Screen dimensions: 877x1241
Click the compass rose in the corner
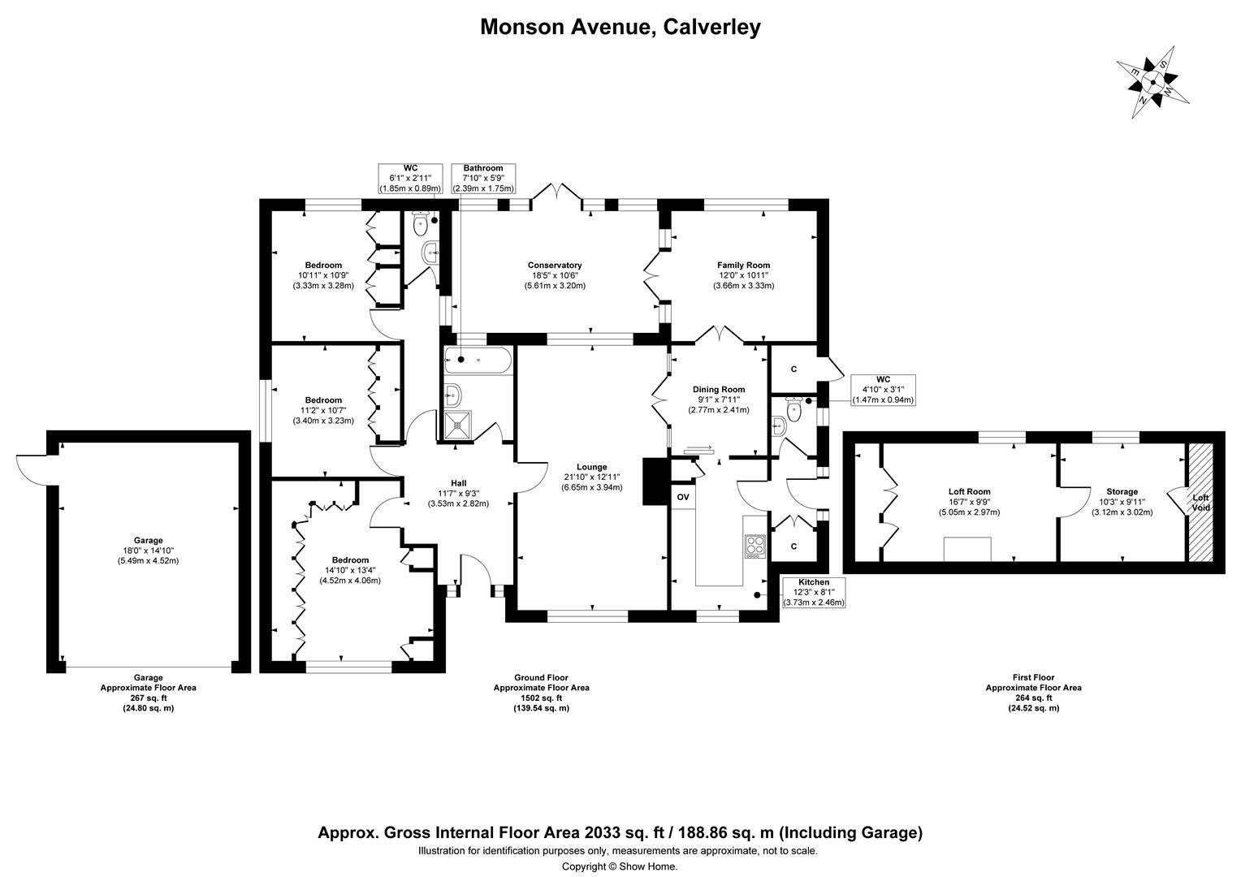click(1152, 81)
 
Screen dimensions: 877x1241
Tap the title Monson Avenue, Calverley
click(620, 27)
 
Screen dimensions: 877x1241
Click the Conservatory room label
click(555, 266)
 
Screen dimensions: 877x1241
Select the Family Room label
click(743, 266)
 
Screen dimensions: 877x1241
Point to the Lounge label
click(591, 467)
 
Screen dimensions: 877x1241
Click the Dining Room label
click(719, 390)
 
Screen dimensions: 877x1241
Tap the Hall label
click(458, 483)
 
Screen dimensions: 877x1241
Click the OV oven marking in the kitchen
click(682, 497)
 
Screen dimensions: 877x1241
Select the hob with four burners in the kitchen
click(755, 546)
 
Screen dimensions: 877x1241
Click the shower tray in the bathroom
click(460, 424)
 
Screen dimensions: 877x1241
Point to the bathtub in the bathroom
click(478, 359)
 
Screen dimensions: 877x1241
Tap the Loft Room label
click(969, 491)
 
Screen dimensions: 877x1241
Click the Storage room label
click(1122, 491)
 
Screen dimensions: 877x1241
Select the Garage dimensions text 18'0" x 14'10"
click(148, 551)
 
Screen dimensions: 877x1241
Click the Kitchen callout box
click(813, 593)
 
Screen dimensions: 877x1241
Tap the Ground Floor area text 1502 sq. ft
click(541, 698)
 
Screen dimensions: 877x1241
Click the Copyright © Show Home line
click(620, 866)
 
